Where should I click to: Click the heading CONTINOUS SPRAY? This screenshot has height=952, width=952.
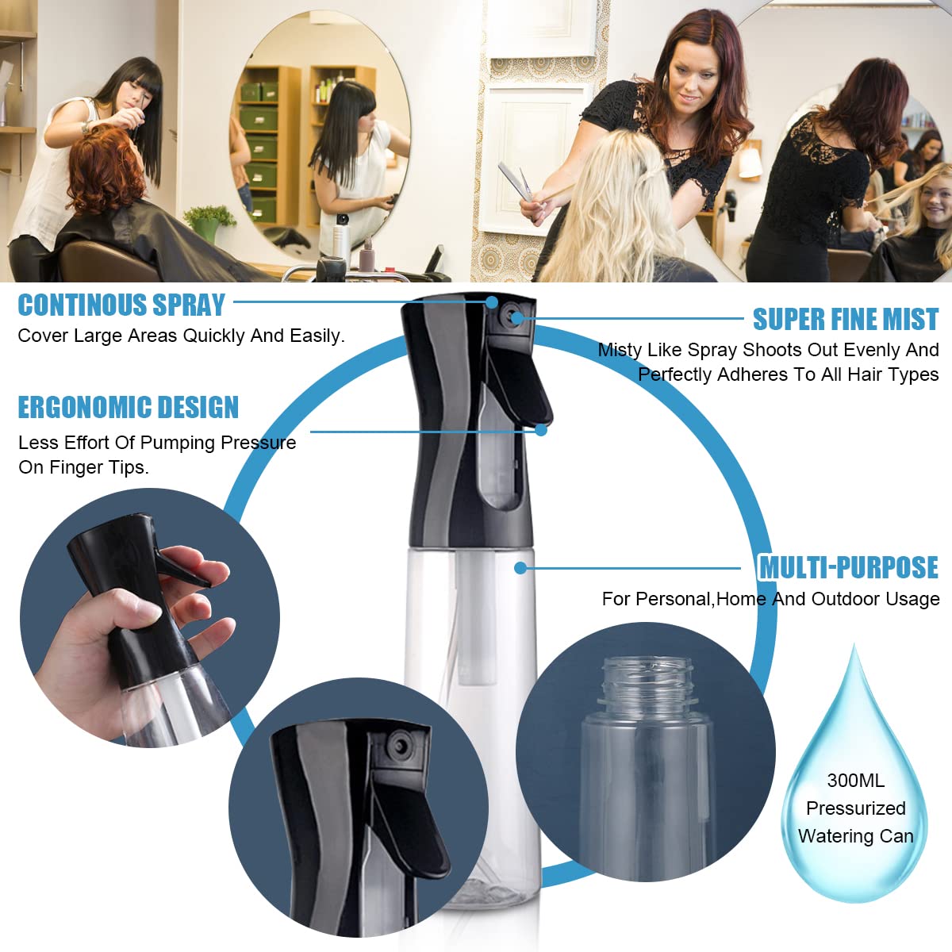121,305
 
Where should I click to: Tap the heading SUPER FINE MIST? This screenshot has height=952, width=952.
845,320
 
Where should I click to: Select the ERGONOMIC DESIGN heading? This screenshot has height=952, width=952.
128,408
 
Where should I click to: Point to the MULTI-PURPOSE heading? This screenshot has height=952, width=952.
848,568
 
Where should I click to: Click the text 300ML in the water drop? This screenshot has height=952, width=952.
855,781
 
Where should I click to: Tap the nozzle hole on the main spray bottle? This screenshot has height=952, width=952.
516,318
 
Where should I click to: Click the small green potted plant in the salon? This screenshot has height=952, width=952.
209,220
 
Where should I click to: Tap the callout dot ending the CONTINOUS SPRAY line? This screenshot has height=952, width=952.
492,302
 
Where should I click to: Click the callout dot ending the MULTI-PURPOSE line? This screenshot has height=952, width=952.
520,568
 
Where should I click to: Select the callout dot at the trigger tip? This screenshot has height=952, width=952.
541,430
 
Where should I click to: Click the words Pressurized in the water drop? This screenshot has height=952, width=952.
855,808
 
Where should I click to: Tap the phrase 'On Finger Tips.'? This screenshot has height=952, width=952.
83,468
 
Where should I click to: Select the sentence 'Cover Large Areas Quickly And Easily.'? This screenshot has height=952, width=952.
181,336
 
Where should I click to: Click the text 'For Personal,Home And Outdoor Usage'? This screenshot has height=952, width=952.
770,599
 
